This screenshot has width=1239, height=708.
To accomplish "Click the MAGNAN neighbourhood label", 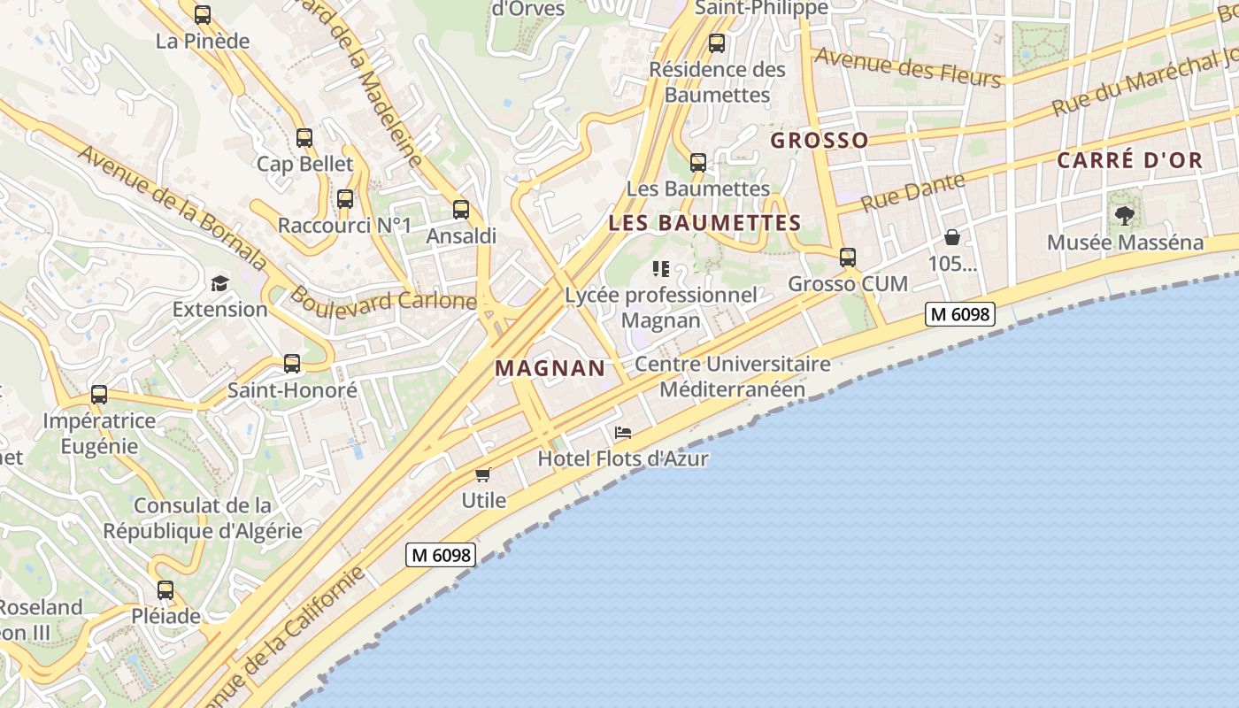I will [x=550, y=368].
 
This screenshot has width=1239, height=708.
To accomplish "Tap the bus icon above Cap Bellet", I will [x=304, y=138].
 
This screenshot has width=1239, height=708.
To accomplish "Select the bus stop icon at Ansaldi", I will [x=461, y=210].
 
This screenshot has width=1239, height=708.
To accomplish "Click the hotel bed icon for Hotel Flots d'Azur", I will [x=623, y=433].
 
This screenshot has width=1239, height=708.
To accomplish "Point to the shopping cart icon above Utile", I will [x=483, y=475].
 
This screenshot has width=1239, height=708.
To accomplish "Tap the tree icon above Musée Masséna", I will [x=1125, y=215].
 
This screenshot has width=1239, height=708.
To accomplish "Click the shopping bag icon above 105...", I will [x=952, y=237].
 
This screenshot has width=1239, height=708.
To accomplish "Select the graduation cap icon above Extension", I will [x=219, y=283].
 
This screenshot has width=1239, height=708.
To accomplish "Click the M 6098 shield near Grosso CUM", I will [x=960, y=313].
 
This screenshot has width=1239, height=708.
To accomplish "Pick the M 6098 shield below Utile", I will [x=441, y=555].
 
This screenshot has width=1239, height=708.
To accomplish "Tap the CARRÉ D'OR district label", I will [x=1130, y=160].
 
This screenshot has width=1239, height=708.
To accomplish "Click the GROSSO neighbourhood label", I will [x=819, y=140].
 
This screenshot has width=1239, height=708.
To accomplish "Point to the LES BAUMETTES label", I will [x=704, y=223].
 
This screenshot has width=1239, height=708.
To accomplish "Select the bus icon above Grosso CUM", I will [x=848, y=258].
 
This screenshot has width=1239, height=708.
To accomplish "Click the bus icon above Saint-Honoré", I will [x=292, y=363].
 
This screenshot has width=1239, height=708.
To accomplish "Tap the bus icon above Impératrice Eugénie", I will [x=99, y=395].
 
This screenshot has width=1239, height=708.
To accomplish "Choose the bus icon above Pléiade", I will [x=165, y=590].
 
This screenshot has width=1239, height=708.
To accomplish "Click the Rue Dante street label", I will [x=912, y=191].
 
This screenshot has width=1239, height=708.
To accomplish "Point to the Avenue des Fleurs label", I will [x=907, y=67].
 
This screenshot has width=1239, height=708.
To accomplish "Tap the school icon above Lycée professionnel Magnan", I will [x=661, y=268].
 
